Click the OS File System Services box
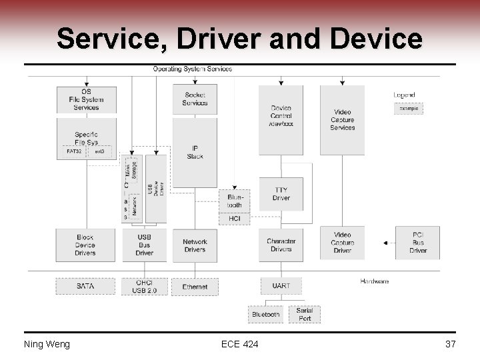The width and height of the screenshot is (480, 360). (86, 100)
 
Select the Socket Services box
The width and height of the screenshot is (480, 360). (195, 99)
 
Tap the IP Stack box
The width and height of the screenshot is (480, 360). (195, 152)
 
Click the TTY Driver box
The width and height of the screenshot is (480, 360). (281, 194)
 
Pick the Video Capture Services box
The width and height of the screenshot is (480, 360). (342, 120)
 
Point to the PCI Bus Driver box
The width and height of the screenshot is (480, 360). (417, 243)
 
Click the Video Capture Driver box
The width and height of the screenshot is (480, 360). (342, 243)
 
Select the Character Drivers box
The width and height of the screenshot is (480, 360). (281, 245)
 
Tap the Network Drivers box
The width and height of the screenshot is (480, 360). (195, 245)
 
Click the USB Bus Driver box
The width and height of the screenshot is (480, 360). (144, 245)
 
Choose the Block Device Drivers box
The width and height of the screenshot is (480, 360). (85, 245)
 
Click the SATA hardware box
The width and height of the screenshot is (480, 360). (85, 286)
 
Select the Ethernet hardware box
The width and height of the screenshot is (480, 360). (195, 287)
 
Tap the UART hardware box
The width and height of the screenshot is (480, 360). (281, 286)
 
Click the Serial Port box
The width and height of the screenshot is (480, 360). (305, 314)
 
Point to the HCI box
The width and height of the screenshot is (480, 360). (235, 219)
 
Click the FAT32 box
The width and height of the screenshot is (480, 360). (74, 152)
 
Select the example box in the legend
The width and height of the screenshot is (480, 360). (408, 108)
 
